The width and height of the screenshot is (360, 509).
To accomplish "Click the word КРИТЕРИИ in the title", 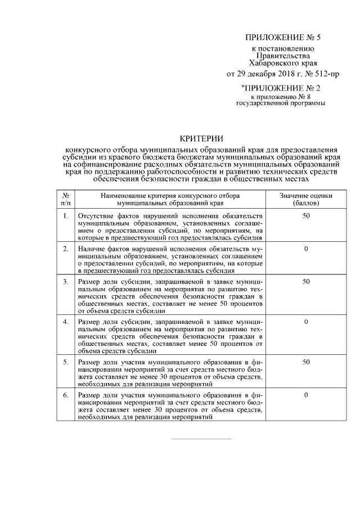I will [201, 138].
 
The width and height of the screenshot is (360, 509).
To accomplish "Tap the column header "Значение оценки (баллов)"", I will [306, 199].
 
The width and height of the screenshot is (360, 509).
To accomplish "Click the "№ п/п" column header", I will [66, 199].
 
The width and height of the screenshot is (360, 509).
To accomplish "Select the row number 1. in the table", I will [66, 216].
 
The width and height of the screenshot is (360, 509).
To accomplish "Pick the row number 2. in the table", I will [66, 248].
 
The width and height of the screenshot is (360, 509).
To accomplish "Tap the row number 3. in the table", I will [66, 281].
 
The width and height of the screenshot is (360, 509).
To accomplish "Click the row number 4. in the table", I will [66, 321].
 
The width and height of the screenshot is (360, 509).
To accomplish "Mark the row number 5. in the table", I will [66, 362].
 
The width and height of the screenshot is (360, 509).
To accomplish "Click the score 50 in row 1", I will [306, 216].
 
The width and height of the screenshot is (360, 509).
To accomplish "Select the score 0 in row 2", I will [306, 248].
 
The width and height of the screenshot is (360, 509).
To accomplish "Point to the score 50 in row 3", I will [306, 281].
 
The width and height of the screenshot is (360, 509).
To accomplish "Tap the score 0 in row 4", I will [306, 321].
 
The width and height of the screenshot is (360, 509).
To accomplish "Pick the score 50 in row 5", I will [306, 362].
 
